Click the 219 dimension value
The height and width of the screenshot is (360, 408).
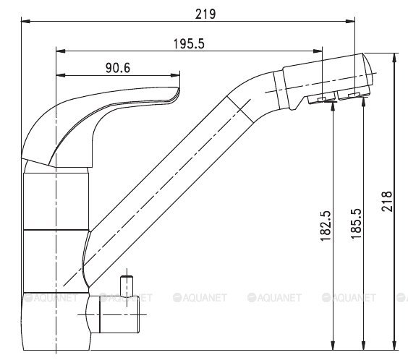(x=205, y=14)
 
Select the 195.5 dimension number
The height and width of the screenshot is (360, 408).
(x=189, y=43)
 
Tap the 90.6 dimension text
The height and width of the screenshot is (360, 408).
(x=118, y=68)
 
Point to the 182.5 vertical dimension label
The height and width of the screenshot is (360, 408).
(x=326, y=226)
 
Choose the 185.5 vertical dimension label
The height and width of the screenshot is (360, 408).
(x=356, y=223)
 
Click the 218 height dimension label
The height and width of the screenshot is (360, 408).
(x=387, y=202)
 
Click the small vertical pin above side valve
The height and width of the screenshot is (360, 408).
(x=127, y=286)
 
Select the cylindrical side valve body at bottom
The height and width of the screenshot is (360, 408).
(x=119, y=314)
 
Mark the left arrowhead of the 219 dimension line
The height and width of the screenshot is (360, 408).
(x=25, y=21)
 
